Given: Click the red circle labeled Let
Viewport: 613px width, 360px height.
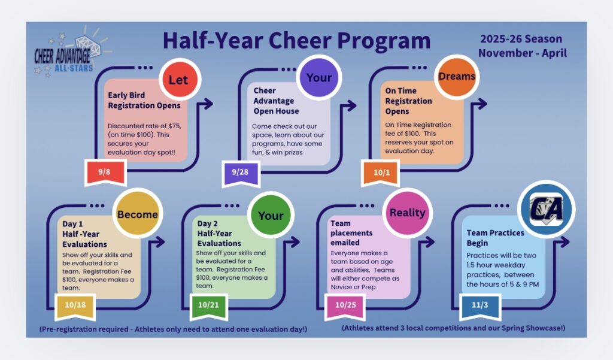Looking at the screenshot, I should click(x=178, y=80).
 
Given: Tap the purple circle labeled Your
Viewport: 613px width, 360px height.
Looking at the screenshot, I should click(x=319, y=78).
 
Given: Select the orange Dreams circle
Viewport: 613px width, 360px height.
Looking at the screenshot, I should click(x=457, y=77).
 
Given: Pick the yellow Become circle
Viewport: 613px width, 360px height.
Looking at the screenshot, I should click(x=138, y=214).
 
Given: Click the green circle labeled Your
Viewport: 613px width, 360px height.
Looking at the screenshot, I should click(x=271, y=215).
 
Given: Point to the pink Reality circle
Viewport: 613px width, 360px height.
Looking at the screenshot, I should click(x=407, y=213).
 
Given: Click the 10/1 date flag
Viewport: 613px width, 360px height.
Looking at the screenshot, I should click(x=380, y=173).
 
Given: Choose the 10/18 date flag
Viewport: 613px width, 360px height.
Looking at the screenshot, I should click(x=75, y=305).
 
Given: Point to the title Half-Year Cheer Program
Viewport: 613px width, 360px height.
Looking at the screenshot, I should click(x=296, y=41).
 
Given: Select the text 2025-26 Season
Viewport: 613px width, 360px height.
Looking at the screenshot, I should click(x=521, y=40).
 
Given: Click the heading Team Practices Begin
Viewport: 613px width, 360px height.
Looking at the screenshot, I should click(x=495, y=238).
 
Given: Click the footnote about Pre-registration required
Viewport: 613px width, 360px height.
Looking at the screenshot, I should click(x=173, y=329).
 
